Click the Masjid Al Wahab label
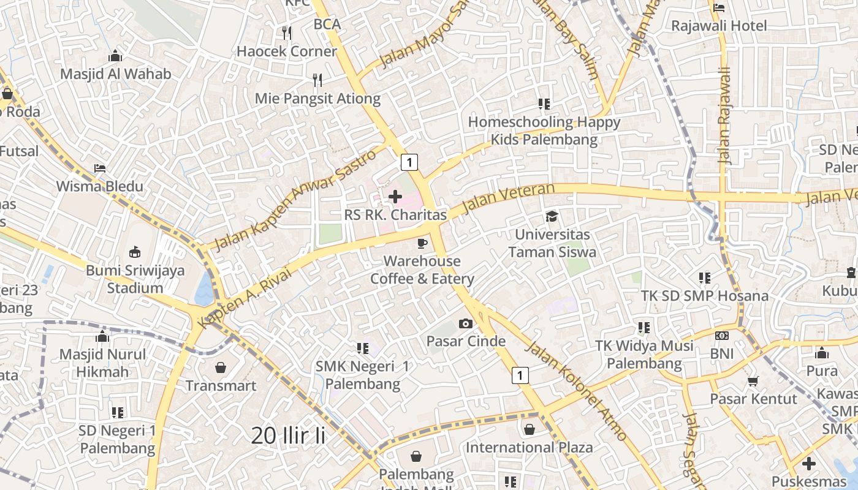tap(115, 74)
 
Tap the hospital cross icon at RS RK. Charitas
tap(395, 197)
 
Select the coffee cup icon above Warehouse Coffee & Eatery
tap(422, 243)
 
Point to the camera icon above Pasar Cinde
tap(466, 323)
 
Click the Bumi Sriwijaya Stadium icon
tap(135, 252)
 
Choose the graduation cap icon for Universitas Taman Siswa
tap(552, 216)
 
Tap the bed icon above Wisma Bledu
tap(100, 168)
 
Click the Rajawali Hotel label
tap(719, 26)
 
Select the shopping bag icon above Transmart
tap(221, 367)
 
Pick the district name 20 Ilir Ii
tap(288, 435)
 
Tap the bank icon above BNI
tap(722, 336)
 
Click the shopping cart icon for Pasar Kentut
tap(753, 381)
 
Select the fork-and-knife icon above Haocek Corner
tap(286, 32)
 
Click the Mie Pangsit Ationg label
tap(317, 98)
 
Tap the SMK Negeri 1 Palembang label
tap(362, 375)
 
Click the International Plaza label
tap(529, 447)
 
